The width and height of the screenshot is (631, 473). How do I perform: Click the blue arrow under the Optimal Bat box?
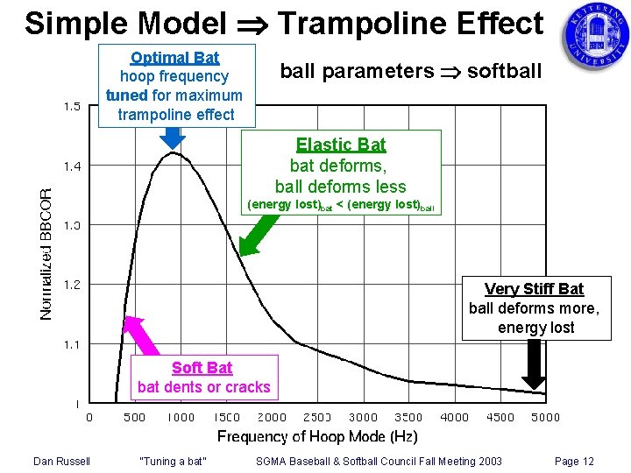click(174, 138)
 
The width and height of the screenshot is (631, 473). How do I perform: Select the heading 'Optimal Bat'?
click(174, 58)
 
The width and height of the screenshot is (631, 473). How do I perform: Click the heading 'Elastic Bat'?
click(341, 145)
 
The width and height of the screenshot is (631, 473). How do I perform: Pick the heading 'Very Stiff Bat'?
click(534, 289)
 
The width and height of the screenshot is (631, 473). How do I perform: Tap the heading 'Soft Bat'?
click(202, 368)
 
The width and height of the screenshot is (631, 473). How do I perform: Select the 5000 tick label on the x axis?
click(545, 417)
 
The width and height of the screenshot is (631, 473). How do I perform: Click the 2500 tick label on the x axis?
click(318, 417)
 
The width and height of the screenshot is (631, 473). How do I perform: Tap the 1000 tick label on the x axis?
click(181, 417)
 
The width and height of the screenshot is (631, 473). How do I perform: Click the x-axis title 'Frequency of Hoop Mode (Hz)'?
click(317, 436)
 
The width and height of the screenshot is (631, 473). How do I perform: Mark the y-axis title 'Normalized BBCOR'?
click(47, 254)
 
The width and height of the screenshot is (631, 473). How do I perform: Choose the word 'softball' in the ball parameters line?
click(507, 71)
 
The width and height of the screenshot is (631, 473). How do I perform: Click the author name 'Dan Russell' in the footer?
click(62, 462)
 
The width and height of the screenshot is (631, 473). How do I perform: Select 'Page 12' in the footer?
click(574, 462)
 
